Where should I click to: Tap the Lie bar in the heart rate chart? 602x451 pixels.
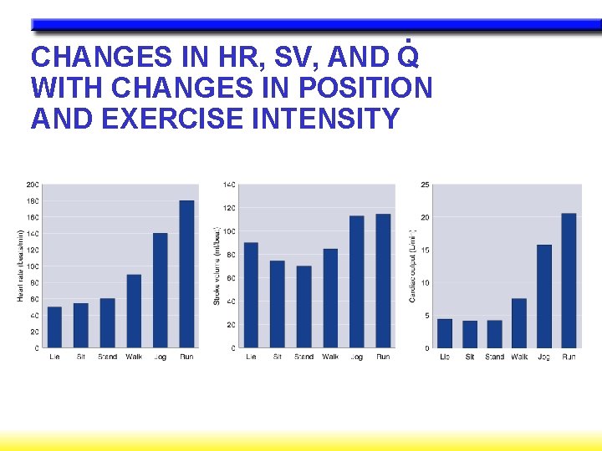(x=54, y=327)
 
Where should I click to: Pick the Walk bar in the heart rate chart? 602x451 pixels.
(x=134, y=311)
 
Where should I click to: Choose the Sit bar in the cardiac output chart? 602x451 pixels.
(x=470, y=334)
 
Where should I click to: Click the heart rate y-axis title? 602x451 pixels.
(x=20, y=265)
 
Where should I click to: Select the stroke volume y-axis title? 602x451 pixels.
(x=217, y=265)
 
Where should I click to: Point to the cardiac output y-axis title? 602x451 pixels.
(x=412, y=265)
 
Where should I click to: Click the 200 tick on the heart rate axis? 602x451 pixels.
(x=32, y=184)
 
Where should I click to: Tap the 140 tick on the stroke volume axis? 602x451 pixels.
(x=229, y=184)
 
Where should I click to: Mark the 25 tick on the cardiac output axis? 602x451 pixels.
(x=425, y=184)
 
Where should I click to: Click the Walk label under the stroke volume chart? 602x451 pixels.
(x=330, y=357)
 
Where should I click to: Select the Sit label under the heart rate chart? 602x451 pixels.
(x=80, y=357)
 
